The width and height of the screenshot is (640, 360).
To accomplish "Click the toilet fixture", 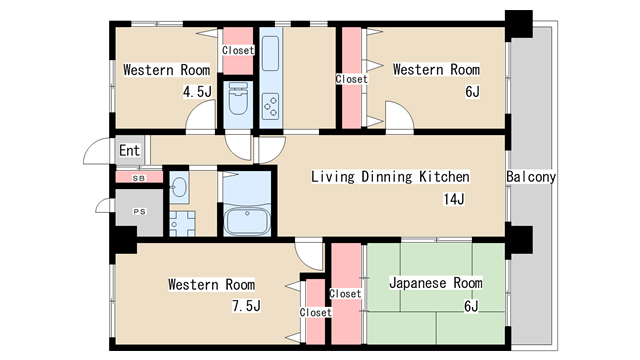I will coord(239,101).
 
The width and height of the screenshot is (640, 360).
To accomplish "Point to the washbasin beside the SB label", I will coord(178,186).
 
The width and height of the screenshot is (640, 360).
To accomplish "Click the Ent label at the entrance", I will coord(129,151).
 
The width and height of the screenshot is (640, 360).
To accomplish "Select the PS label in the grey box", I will coord(139,212).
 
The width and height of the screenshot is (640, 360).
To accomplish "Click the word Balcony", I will coord(531,177).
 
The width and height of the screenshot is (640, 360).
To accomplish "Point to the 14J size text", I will coord(454,199).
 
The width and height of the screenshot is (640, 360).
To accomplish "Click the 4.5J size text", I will coord(196,92).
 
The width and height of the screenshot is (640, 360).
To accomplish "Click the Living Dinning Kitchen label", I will coord(390,177).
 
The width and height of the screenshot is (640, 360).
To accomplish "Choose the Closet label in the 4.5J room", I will coord(237,50).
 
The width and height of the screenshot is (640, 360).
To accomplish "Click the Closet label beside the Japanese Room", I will coord(345,294).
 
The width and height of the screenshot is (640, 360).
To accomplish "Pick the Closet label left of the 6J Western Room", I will coord(351,79).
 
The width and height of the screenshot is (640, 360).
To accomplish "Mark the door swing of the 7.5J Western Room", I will coord(309,253).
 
